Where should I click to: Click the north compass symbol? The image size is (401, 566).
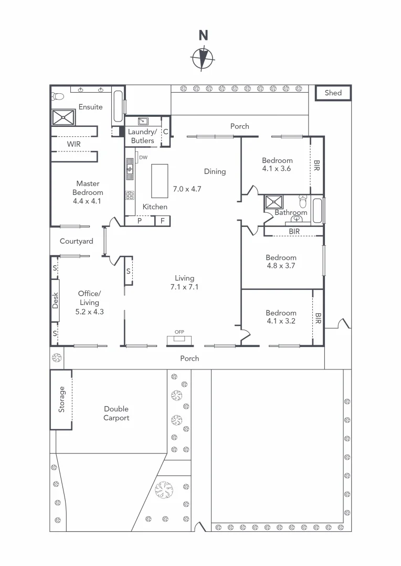[x=203, y=58]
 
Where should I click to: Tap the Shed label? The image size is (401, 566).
[x=333, y=93]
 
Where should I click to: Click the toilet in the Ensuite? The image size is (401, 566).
[x=57, y=96]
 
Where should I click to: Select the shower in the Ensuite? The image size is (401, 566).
[x=63, y=116]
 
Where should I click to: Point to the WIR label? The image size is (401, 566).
[x=73, y=144]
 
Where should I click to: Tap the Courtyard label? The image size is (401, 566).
[x=77, y=242]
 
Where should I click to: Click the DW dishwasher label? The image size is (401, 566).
[x=143, y=157]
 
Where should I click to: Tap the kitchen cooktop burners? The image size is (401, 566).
[x=130, y=195]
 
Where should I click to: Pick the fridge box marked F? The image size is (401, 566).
[x=163, y=221]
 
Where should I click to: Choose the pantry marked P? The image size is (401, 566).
[x=140, y=221]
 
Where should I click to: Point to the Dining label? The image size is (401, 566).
[x=215, y=171]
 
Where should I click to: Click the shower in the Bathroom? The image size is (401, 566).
[x=273, y=201]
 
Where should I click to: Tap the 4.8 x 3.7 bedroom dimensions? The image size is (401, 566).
[x=281, y=266]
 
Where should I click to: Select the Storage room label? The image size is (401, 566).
[x=62, y=399]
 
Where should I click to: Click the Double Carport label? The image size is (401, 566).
[x=116, y=413]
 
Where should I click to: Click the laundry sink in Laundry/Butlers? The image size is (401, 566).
[x=132, y=121]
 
